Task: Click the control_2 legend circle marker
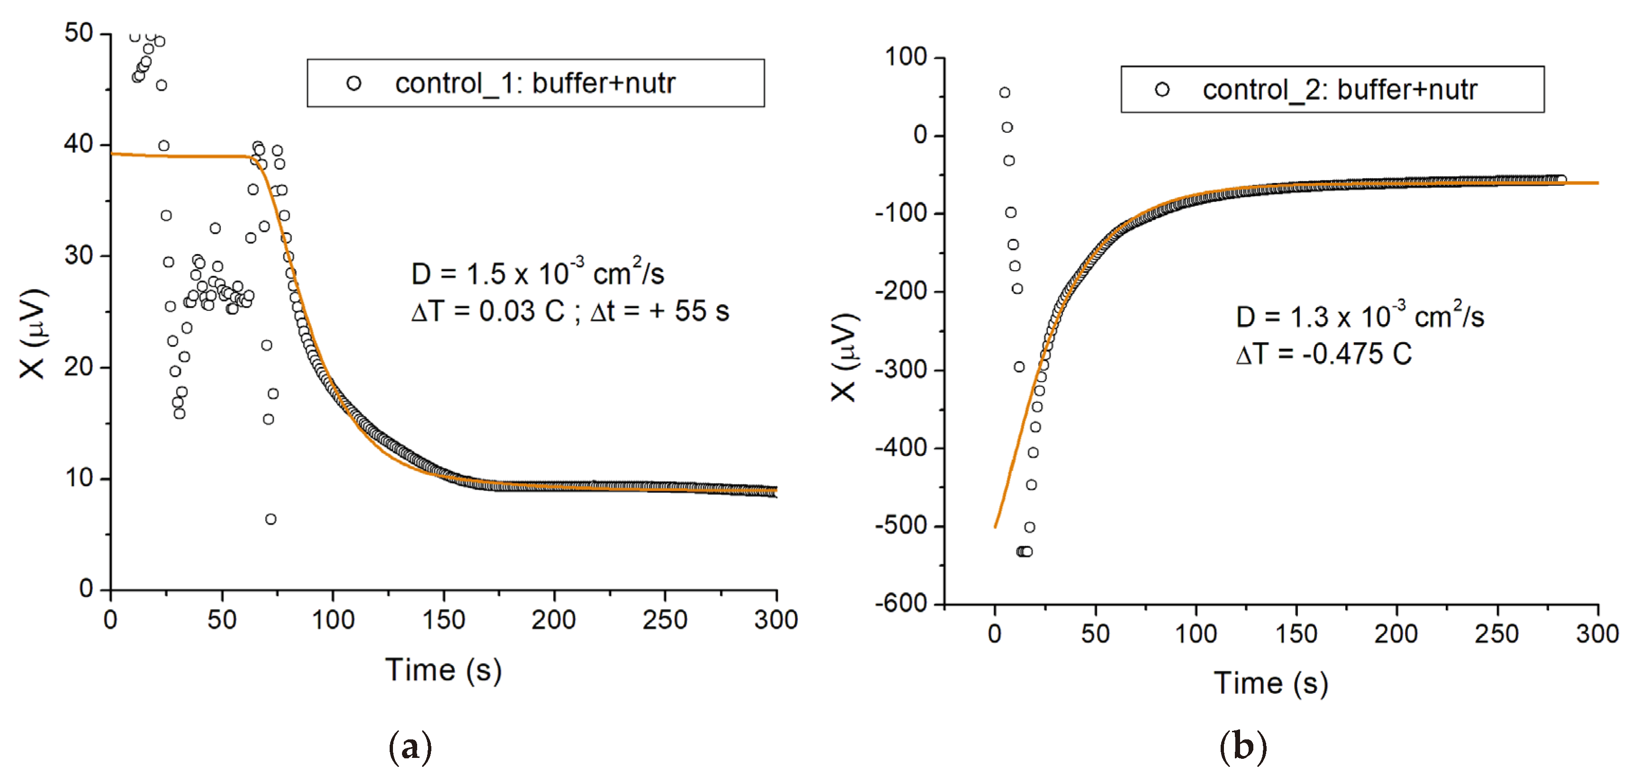[x=1162, y=90]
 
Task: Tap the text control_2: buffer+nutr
[x=1340, y=90]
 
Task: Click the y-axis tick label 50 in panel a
[x=79, y=33]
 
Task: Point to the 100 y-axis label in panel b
[x=906, y=57]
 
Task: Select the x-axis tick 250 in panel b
[x=1497, y=634]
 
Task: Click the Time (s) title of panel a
[x=443, y=671]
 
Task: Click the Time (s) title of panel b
[x=1270, y=683]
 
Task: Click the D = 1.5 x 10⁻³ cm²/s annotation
[x=537, y=274]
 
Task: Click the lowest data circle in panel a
[x=270, y=519]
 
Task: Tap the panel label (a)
[x=410, y=747]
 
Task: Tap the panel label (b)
[x=1242, y=747]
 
